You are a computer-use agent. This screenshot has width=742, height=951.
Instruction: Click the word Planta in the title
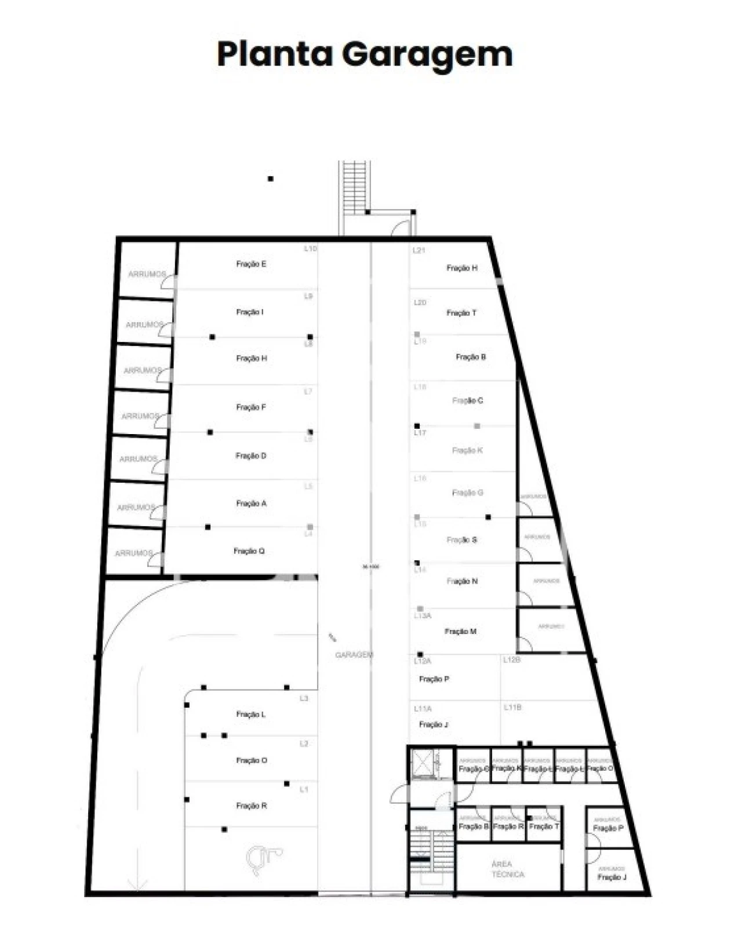tap(275, 54)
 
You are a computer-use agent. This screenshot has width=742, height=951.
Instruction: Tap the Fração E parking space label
tap(251, 264)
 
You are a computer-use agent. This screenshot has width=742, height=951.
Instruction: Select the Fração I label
tap(250, 312)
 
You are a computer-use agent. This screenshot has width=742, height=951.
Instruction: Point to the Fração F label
tap(251, 407)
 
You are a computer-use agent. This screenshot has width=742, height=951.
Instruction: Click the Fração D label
tap(251, 456)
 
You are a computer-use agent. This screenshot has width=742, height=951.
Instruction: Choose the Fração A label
tap(251, 504)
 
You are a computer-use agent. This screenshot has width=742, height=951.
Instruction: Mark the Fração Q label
tap(249, 551)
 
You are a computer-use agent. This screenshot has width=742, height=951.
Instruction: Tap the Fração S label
tap(461, 540)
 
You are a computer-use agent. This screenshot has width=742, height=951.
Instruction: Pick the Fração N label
tap(462, 581)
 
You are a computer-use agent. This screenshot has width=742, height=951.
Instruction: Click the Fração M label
tap(460, 632)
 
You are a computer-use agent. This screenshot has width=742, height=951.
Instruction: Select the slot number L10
tap(311, 249)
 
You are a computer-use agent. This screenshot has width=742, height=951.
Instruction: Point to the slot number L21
tap(419, 250)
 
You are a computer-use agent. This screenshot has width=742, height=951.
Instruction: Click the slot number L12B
tap(512, 660)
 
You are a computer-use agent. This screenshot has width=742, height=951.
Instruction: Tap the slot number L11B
tap(512, 708)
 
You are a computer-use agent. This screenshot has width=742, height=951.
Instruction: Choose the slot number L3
tap(304, 699)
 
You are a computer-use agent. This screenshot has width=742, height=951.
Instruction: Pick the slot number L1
tap(304, 790)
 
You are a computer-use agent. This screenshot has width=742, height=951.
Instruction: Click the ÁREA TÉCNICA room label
tap(508, 869)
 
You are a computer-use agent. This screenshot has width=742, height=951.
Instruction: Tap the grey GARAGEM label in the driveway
tap(354, 655)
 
